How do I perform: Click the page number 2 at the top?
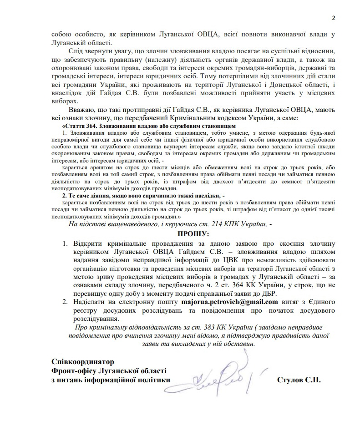coord(333,18)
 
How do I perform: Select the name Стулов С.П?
coord(298,380)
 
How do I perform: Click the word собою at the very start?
coord(62,33)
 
